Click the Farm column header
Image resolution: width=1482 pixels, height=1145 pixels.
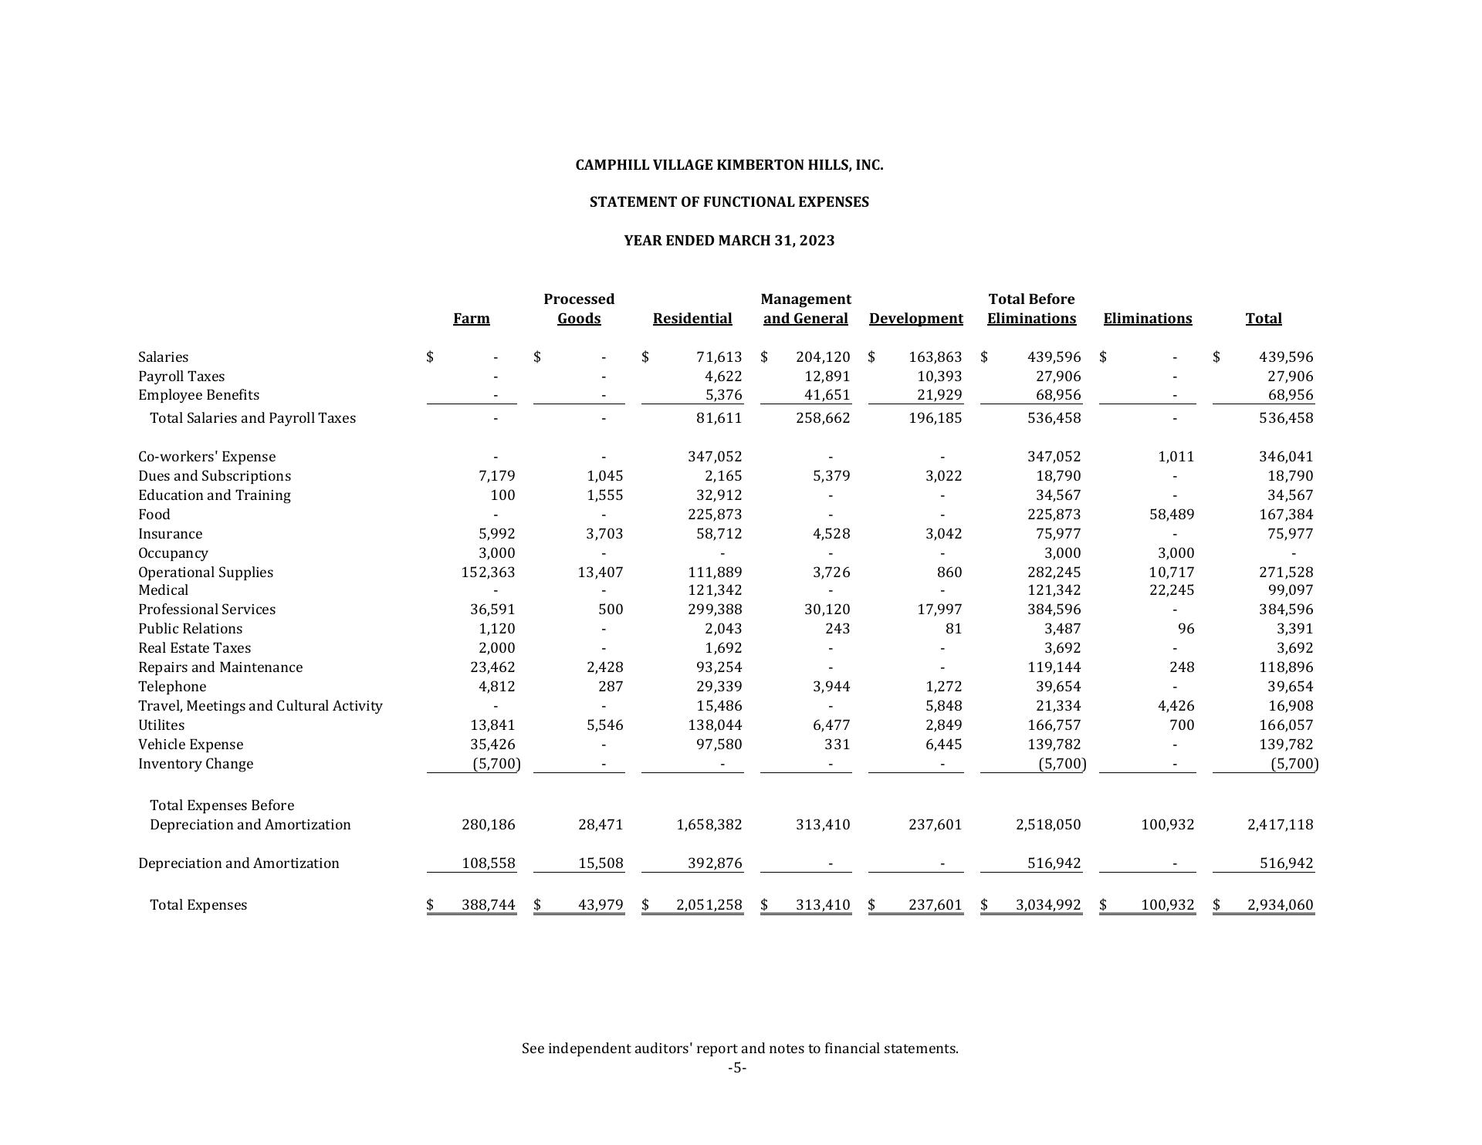[471, 319]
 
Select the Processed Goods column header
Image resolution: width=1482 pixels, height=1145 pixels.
[579, 309]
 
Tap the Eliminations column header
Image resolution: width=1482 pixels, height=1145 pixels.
[1147, 319]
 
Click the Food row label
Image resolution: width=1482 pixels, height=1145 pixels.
[154, 515]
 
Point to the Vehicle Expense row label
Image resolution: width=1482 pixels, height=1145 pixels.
[191, 745]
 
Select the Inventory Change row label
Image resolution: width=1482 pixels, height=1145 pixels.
[195, 764]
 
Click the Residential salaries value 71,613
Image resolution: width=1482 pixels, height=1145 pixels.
[719, 357]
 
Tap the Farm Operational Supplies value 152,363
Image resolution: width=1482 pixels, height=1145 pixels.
[488, 572]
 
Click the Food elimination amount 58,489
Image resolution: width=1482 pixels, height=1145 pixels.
[1172, 515]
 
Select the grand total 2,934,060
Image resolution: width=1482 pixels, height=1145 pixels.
[1280, 905]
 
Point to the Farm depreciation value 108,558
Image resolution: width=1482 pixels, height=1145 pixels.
[488, 863]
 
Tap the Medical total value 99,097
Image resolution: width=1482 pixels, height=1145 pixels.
[1290, 590]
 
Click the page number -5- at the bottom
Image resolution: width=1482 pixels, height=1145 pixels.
[737, 1068]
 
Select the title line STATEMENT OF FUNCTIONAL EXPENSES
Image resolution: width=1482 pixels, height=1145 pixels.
[729, 202]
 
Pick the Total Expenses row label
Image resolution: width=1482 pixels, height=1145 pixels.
[198, 905]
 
